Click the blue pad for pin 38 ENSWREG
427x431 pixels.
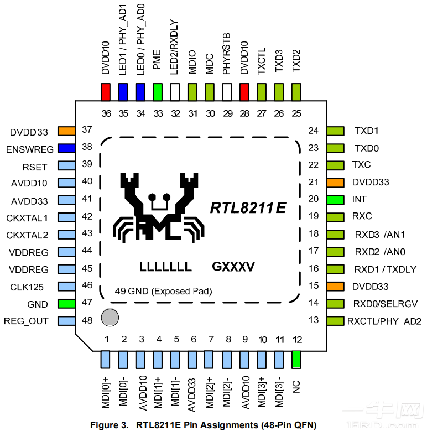(66, 148)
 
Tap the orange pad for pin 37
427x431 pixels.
(66, 131)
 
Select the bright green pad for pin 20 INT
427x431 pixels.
(335, 199)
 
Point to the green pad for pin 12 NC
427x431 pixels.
(297, 360)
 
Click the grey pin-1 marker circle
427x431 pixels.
(110, 317)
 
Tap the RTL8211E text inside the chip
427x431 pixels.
(248, 208)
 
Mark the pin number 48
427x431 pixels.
(87, 321)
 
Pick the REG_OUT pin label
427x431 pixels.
(26, 321)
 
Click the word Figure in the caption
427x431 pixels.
(105, 425)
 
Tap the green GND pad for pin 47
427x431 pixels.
(66, 304)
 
